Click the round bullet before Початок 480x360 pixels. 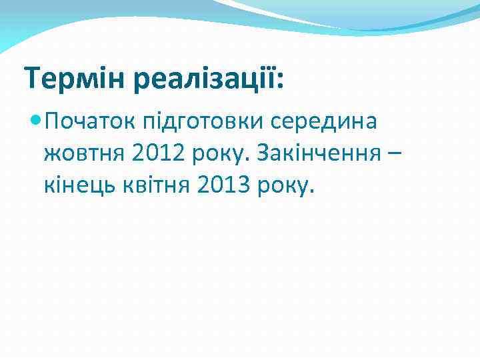(x=36, y=121)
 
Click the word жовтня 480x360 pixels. (x=83, y=155)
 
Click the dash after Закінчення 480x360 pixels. (x=395, y=155)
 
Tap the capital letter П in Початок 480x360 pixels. (x=53, y=121)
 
